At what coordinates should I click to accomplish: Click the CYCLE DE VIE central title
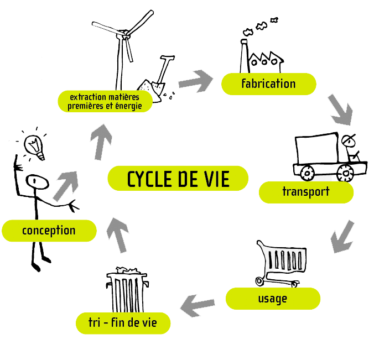click(178, 179)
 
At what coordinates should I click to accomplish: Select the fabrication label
click(268, 84)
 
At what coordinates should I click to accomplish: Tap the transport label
click(306, 192)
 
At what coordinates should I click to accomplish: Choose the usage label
click(273, 299)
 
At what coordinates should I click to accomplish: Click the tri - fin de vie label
click(123, 323)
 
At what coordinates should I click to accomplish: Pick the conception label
click(49, 230)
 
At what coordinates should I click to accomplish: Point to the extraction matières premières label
click(105, 101)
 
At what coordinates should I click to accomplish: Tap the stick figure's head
click(37, 181)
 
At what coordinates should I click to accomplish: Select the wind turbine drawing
click(126, 50)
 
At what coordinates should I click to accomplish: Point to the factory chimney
click(243, 55)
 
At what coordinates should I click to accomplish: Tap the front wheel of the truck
click(346, 173)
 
